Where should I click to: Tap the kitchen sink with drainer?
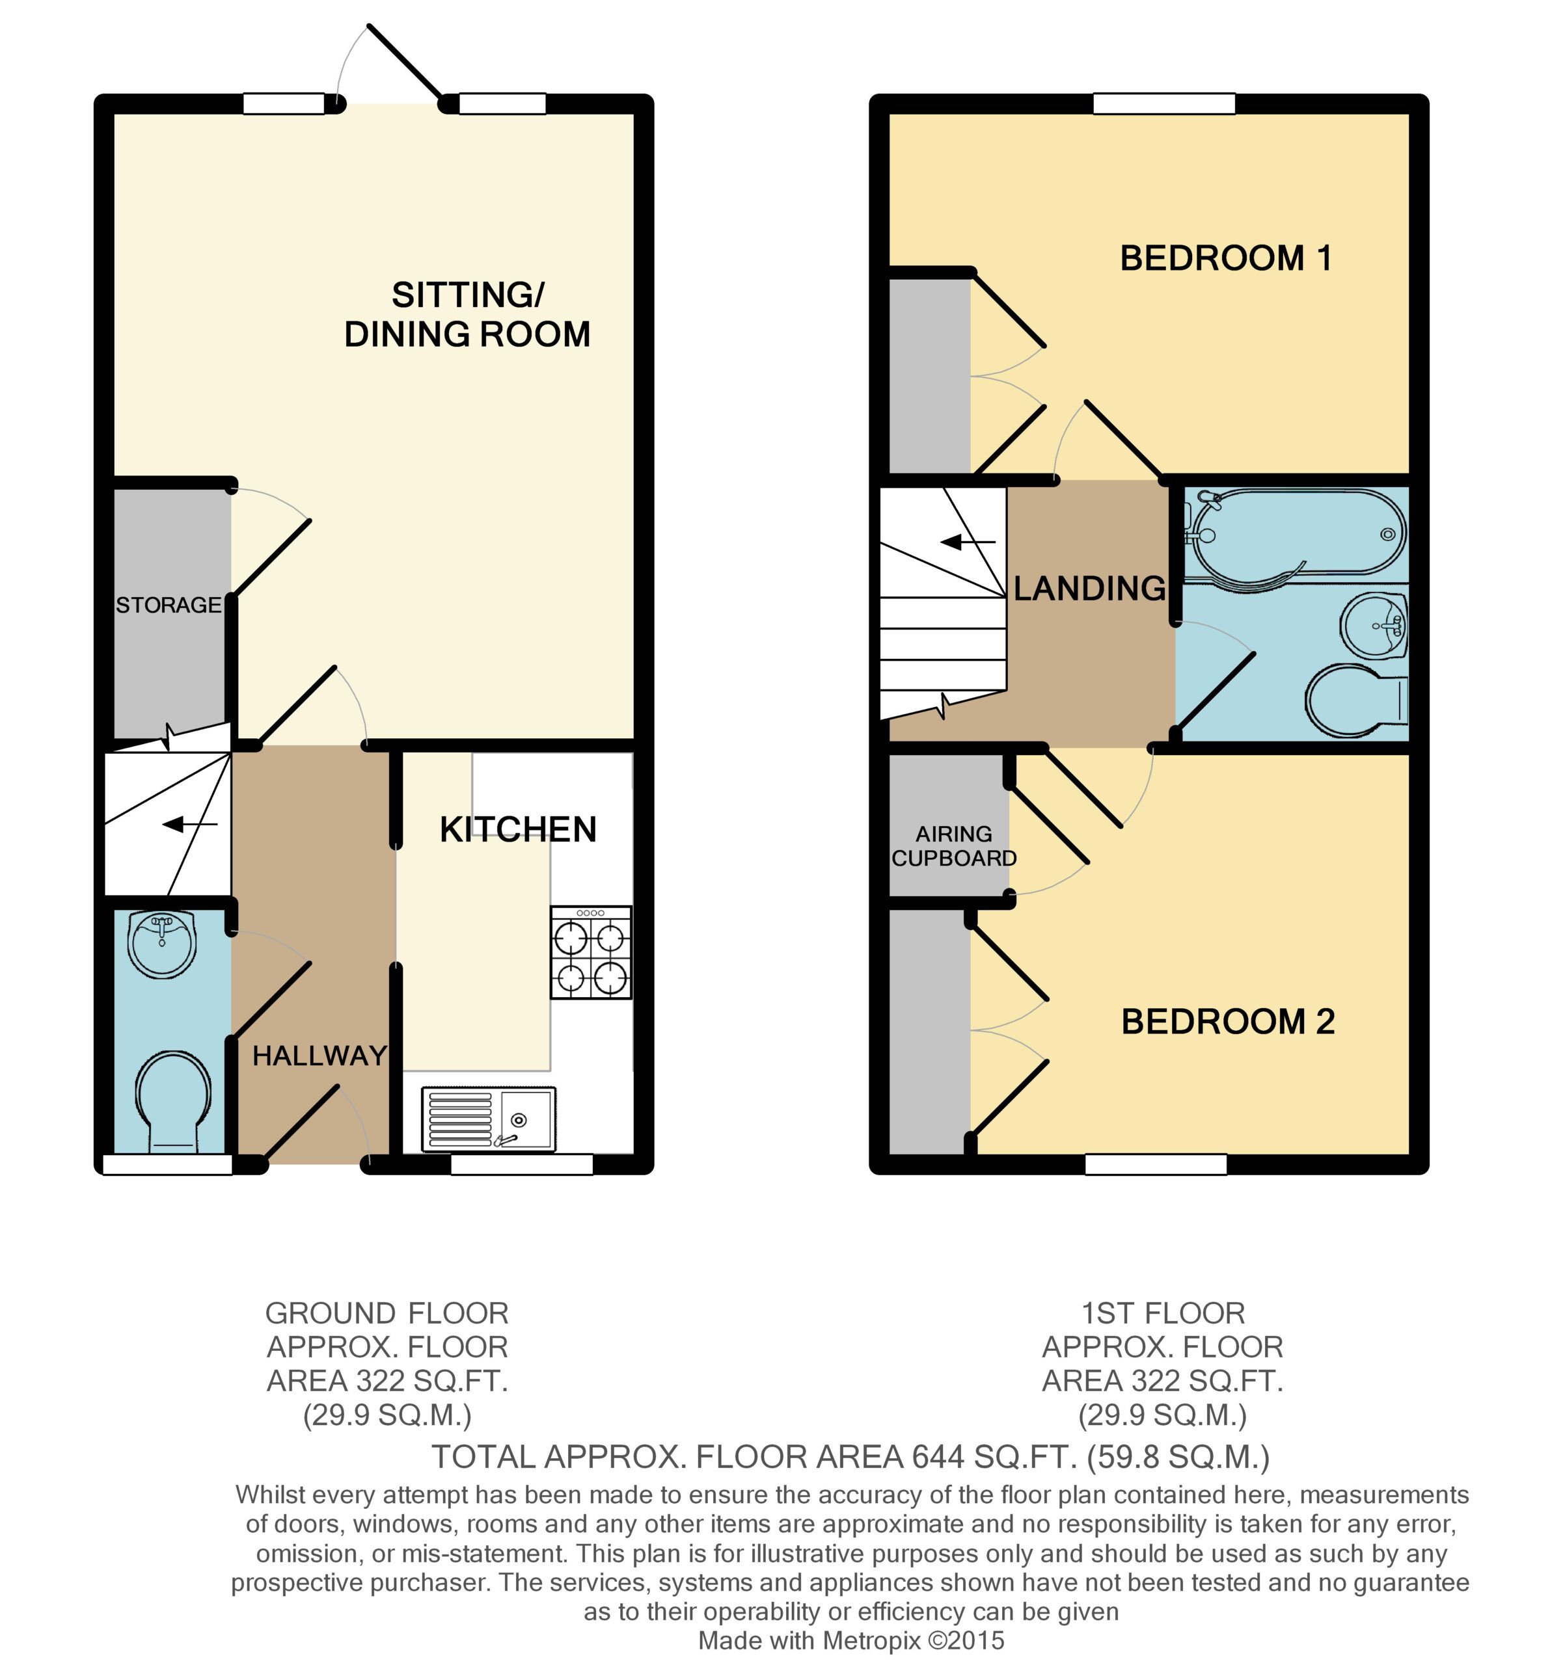(x=487, y=1118)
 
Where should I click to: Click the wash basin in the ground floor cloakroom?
(x=162, y=944)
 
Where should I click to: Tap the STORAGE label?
(x=169, y=605)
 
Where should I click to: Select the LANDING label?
(x=1089, y=588)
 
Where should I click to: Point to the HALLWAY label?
(x=320, y=1056)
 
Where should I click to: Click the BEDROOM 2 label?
(x=1227, y=1022)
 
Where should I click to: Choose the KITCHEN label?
(x=518, y=829)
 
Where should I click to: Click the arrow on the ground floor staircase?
(x=189, y=825)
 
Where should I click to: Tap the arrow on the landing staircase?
(x=968, y=542)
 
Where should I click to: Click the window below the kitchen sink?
(x=522, y=1164)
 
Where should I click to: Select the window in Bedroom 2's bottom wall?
(x=1156, y=1164)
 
